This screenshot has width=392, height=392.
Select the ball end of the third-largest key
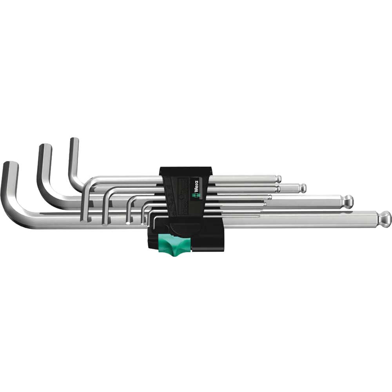(303, 188)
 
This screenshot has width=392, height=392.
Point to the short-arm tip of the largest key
(10, 164)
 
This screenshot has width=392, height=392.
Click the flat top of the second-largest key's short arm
(45, 146)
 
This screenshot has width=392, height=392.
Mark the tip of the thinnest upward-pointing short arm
(74, 140)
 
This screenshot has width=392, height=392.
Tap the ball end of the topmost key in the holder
(278, 179)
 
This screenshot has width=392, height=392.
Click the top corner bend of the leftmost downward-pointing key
(89, 182)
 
